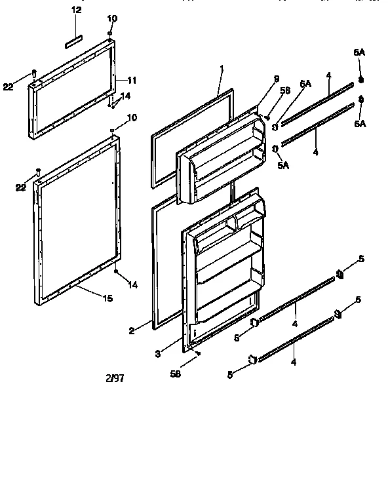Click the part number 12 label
click(77, 10)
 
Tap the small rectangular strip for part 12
click(73, 43)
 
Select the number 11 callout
click(132, 81)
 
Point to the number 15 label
click(107, 298)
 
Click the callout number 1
click(222, 68)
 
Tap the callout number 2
click(132, 332)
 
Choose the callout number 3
click(157, 353)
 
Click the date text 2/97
click(114, 378)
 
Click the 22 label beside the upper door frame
click(8, 87)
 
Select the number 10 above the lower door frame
click(132, 118)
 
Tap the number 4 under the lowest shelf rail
click(293, 362)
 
